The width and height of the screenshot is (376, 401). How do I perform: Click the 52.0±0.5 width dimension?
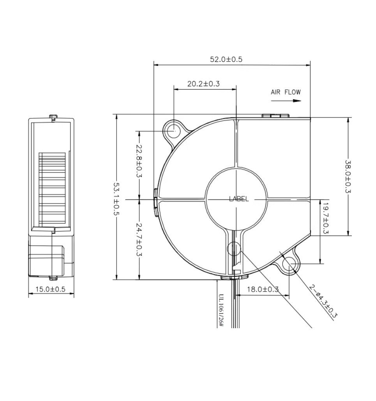pos(226,59)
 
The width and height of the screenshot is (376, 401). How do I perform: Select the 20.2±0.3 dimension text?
pos(203,84)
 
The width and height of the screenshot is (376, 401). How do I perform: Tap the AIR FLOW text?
pos(286,92)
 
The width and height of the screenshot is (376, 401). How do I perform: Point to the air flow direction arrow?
pos(286,101)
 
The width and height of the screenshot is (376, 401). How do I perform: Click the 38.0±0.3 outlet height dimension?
pos(348,177)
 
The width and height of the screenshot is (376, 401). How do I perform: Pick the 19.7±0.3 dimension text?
pos(325,218)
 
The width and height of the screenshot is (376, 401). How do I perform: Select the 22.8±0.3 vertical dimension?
pos(139,161)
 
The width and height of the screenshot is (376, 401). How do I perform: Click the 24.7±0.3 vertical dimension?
pos(139,240)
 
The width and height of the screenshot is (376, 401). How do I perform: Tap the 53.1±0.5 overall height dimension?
pos(117,199)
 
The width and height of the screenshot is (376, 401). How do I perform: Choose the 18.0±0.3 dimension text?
pos(263,289)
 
